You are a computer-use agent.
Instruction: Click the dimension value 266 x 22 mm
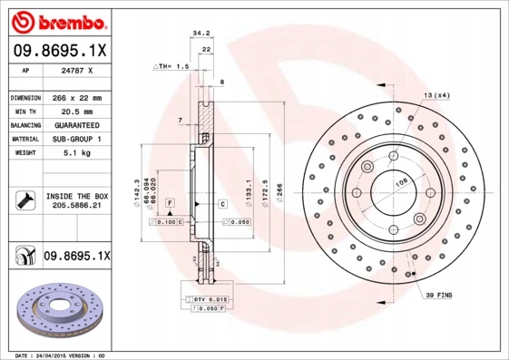[x=76, y=97]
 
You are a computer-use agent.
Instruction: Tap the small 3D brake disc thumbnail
[x=56, y=314]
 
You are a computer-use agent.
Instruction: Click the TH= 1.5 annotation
[x=171, y=66]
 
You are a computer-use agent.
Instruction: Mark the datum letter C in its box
[x=221, y=205]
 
